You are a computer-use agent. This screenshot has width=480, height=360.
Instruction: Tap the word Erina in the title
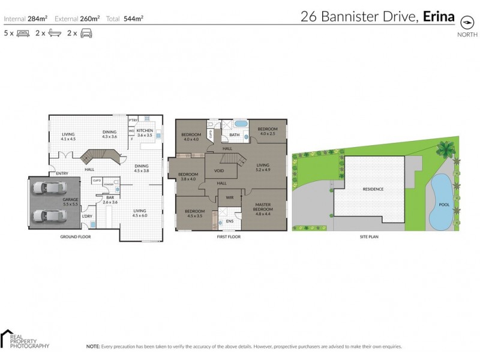click(439, 17)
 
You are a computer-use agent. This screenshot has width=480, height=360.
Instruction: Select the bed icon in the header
click(23, 34)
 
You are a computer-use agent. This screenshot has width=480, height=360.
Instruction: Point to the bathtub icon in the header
click(55, 34)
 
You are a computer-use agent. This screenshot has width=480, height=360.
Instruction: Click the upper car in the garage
click(47, 188)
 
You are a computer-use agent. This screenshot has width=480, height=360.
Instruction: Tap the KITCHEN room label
click(145, 131)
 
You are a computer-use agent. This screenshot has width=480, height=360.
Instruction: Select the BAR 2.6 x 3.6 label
click(110, 200)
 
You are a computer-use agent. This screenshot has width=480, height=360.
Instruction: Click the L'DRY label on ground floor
click(87, 216)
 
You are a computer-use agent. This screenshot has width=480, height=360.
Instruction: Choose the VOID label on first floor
click(219, 170)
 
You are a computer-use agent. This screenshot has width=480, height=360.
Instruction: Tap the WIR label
click(229, 197)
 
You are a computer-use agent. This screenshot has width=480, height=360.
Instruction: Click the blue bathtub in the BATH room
click(240, 124)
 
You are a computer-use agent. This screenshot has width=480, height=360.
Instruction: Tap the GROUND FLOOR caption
click(75, 237)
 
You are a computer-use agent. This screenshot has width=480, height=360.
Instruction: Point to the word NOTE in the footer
click(92, 346)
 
